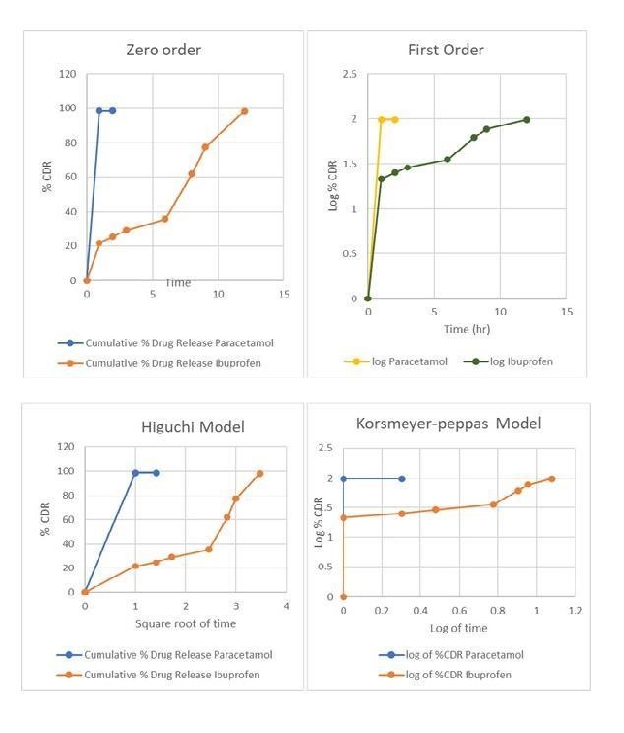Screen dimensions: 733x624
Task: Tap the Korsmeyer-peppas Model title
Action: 449,422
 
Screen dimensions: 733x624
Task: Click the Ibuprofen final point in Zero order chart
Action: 245,111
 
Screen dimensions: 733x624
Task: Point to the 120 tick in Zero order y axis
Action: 67,74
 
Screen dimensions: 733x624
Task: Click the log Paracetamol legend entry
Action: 409,361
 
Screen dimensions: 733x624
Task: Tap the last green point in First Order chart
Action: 527,120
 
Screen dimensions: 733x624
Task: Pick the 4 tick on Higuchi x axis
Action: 286,606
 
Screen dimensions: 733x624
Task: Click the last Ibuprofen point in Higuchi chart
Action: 260,474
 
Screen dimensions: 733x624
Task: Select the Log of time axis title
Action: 458,628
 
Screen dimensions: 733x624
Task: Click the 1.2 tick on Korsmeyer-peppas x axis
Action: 575,611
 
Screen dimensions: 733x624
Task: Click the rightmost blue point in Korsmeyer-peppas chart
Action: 401,479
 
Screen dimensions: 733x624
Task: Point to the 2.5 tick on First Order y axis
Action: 349,74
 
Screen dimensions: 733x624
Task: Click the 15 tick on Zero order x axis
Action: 284,294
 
